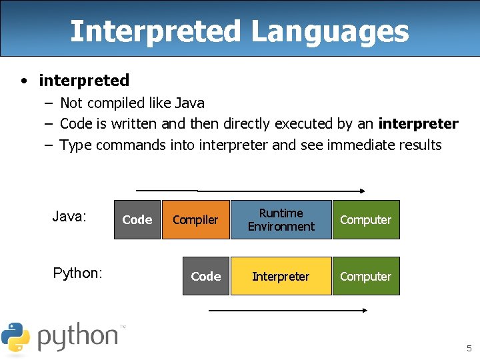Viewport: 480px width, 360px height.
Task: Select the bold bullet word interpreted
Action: (x=84, y=81)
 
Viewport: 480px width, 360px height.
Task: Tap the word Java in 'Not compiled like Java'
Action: (x=189, y=103)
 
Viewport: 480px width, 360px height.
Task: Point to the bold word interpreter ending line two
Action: (x=418, y=123)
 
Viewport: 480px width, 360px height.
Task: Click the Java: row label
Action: (x=69, y=217)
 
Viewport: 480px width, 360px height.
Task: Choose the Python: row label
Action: (x=77, y=273)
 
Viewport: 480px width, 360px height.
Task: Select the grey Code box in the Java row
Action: (x=137, y=219)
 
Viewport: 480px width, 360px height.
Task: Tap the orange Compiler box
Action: (x=195, y=219)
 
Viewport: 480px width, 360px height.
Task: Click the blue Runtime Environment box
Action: (x=281, y=219)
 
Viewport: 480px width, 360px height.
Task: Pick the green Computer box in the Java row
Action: (x=365, y=219)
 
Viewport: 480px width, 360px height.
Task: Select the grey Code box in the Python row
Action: (x=205, y=276)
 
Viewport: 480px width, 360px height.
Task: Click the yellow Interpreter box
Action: (x=281, y=276)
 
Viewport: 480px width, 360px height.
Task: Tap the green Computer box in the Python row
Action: (x=365, y=276)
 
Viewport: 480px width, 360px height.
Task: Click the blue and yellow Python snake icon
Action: (x=15, y=337)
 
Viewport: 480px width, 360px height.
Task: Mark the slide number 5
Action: (x=469, y=348)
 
